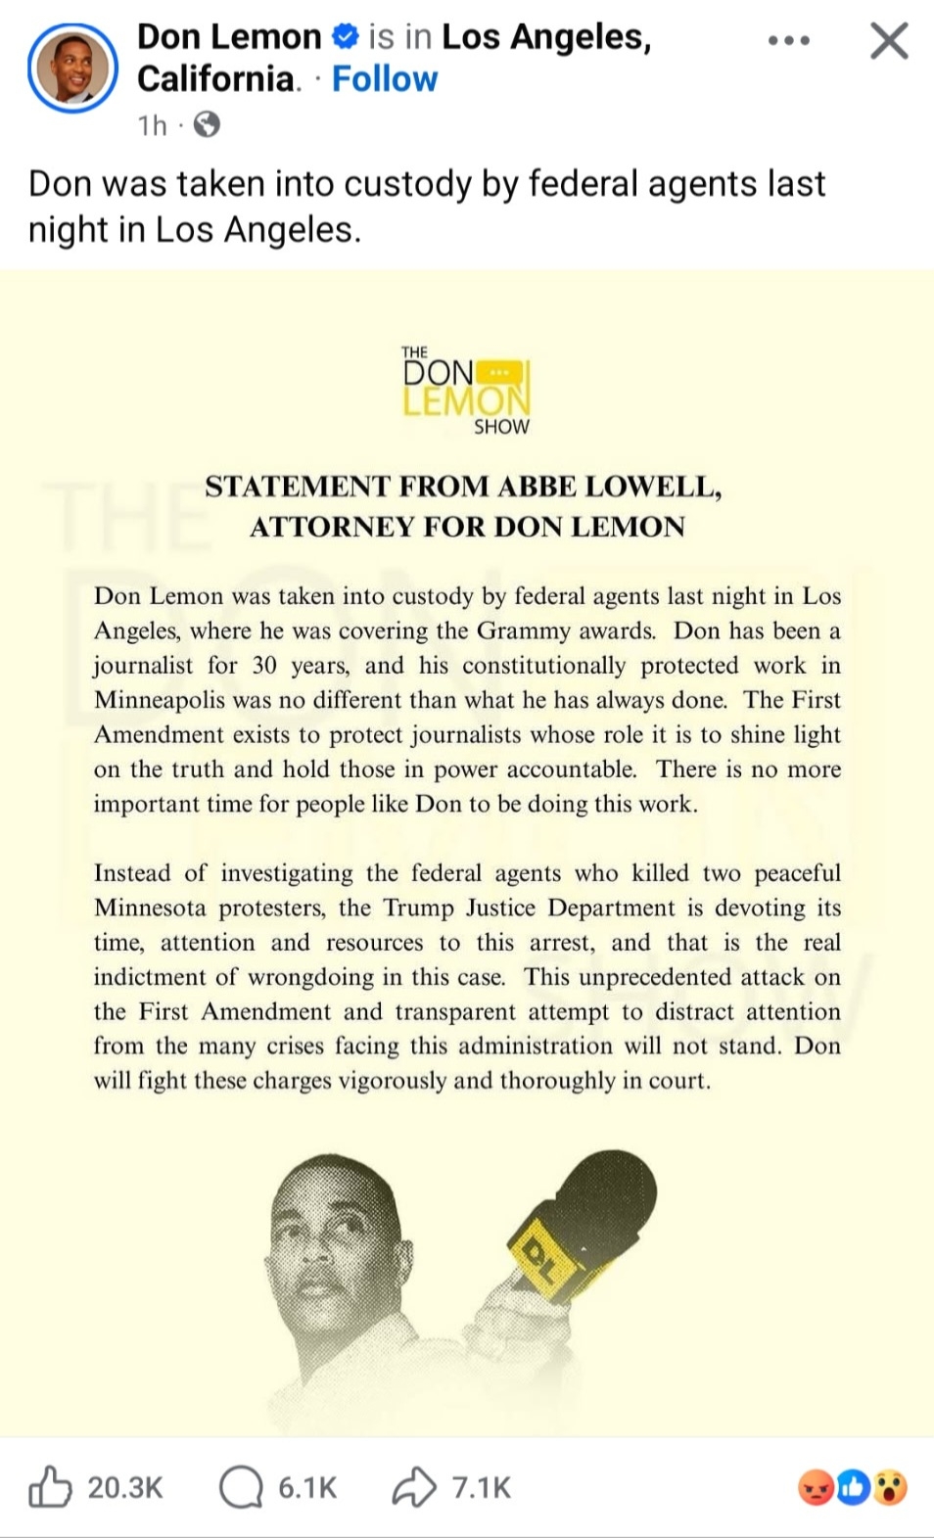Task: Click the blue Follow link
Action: coord(385,79)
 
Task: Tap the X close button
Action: coord(889,41)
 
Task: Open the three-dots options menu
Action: coord(789,41)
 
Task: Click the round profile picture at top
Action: coord(73,69)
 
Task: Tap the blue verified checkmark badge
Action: coord(345,37)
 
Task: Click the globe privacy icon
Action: coord(207,125)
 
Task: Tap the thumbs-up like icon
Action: coord(49,1487)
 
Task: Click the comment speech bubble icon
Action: coord(241,1487)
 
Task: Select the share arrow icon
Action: coord(414,1487)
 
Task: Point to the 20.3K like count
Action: coord(125,1488)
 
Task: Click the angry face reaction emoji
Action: coord(817,1488)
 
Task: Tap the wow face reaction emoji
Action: coord(890,1488)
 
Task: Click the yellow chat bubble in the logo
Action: coord(499,373)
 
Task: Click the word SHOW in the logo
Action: coord(501,427)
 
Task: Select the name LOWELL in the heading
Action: coord(657,487)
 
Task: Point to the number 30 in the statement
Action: coord(264,666)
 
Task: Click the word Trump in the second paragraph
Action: coord(418,908)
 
